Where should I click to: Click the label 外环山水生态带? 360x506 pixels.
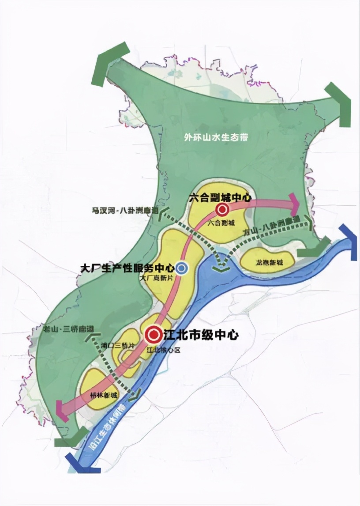tap(216, 137)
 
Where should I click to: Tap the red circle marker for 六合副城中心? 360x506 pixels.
tap(221, 209)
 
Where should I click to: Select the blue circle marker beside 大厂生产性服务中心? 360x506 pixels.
tap(181, 267)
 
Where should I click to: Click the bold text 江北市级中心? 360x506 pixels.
tap(201, 335)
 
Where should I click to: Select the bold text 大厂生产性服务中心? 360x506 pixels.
tap(127, 268)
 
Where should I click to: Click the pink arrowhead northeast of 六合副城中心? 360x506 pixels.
tap(293, 204)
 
